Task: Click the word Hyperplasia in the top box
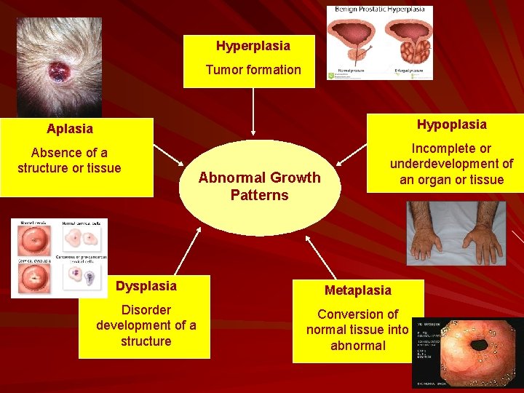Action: point(253,46)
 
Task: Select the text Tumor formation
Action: point(253,70)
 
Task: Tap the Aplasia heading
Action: point(70,129)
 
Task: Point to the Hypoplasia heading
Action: point(451,124)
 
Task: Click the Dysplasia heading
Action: point(146,286)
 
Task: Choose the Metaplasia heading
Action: point(357,290)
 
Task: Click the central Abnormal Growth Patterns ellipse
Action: point(259,186)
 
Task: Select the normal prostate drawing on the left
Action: point(352,45)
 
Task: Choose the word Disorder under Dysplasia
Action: point(146,310)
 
